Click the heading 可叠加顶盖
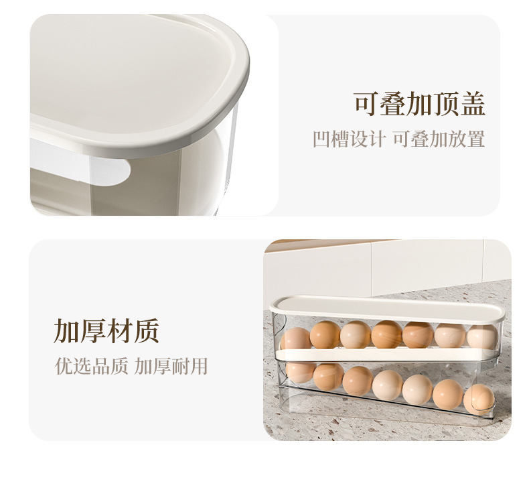[420, 104]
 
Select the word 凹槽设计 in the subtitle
[349, 139]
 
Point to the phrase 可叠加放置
[439, 139]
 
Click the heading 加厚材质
[106, 331]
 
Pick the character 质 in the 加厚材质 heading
[147, 331]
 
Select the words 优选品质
[92, 366]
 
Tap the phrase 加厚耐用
[171, 366]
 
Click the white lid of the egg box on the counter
[387, 309]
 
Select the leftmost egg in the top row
[295, 338]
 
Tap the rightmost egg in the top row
[482, 337]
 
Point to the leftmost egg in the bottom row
[299, 372]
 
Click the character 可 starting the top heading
[367, 104]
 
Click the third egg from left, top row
[356, 335]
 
